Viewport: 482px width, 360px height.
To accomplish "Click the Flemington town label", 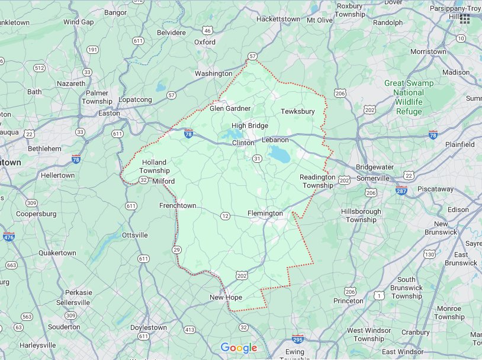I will pyautogui.click(x=265, y=213).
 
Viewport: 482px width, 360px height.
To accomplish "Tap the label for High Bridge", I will pyautogui.click(x=250, y=126).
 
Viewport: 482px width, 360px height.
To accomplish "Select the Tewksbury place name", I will pyautogui.click(x=297, y=111).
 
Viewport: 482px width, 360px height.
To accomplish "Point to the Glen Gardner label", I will pyautogui.click(x=230, y=108).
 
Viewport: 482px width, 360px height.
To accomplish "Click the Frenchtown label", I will pyautogui.click(x=178, y=205).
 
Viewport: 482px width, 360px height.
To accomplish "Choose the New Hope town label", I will pyautogui.click(x=226, y=297).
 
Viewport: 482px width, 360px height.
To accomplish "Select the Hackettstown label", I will pyautogui.click(x=278, y=19).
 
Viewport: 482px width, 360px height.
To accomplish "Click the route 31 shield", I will pyautogui.click(x=257, y=158).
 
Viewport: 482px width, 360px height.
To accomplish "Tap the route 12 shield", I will pyautogui.click(x=225, y=216).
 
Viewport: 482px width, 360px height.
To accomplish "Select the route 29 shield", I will pyautogui.click(x=176, y=250).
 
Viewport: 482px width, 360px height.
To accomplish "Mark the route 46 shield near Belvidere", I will pyautogui.click(x=207, y=30).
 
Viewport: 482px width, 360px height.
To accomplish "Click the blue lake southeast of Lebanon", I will pyautogui.click(x=277, y=155).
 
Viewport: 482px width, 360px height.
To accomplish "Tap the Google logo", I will pyautogui.click(x=239, y=348).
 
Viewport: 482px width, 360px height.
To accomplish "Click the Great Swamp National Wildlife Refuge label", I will pyautogui.click(x=409, y=97).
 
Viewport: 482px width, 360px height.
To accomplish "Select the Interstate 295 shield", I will pyautogui.click(x=298, y=340).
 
